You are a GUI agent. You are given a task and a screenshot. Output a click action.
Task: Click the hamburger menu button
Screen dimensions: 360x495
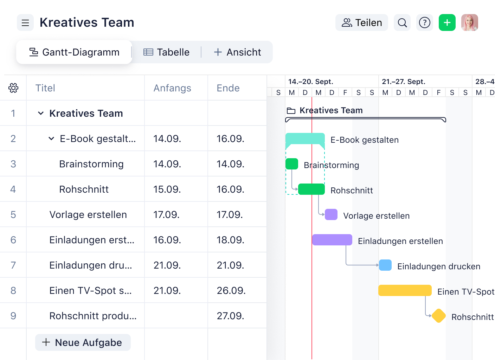point(25,23)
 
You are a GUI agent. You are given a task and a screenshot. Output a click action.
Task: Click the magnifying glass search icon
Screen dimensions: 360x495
point(402,23)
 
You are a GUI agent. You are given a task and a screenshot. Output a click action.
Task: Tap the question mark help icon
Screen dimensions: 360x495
point(425,23)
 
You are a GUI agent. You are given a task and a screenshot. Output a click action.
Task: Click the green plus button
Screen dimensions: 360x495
point(447,23)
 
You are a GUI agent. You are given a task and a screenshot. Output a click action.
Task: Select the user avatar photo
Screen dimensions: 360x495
point(470,23)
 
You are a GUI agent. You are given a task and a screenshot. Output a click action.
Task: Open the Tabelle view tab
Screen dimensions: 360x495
point(167,52)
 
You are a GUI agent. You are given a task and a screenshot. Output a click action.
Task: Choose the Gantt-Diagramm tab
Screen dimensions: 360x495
point(74,52)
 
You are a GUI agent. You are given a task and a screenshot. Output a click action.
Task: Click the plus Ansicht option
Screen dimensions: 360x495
point(238,52)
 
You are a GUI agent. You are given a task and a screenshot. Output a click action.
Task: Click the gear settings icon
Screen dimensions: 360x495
point(13,88)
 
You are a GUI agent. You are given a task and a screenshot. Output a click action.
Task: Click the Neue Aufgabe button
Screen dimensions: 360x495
point(83,342)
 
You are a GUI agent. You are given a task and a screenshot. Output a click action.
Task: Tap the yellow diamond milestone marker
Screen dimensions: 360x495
point(439,316)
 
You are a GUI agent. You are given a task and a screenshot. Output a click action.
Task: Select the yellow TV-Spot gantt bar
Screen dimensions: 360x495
point(405,290)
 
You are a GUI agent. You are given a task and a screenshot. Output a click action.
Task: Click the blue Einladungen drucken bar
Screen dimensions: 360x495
point(385,265)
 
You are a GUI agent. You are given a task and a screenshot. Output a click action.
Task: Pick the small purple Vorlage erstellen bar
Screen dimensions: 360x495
point(331,214)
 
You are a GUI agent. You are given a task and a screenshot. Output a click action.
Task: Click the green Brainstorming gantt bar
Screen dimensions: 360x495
point(292,164)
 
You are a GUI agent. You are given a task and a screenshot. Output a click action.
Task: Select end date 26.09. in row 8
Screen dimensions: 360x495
point(231,291)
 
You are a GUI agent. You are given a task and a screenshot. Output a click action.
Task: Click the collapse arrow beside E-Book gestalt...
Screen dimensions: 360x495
point(51,139)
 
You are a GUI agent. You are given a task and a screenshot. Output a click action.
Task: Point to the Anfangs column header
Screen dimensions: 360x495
point(172,88)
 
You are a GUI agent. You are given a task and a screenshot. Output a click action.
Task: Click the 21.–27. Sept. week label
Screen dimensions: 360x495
point(404,82)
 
